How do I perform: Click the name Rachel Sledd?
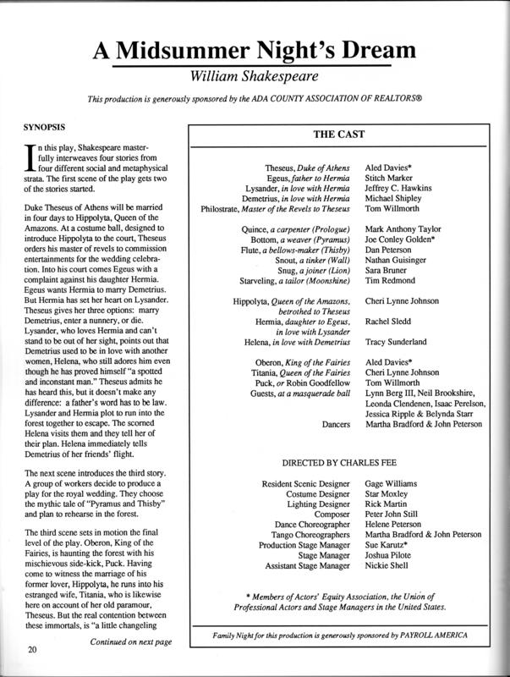390,322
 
